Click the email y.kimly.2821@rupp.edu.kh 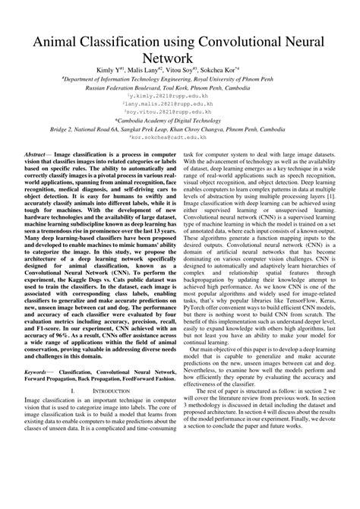click(180, 97)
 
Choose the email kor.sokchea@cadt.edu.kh click(180, 138)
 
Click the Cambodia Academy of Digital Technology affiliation click(180, 121)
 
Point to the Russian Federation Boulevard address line click(180, 87)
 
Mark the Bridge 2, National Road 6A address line click(180, 129)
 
